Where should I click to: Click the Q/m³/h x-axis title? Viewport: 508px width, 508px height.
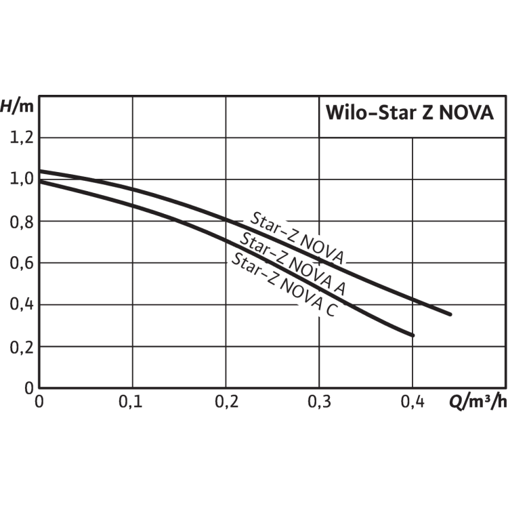point(476,403)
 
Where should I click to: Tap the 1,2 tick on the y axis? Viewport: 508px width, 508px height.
point(20,138)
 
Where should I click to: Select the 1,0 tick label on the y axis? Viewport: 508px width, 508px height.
point(20,179)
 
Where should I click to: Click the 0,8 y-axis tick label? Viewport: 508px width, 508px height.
point(20,221)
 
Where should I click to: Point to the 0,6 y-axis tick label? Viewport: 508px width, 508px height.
point(20,263)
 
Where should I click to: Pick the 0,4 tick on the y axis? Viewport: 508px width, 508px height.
point(20,305)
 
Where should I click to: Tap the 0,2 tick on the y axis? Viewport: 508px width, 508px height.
point(20,347)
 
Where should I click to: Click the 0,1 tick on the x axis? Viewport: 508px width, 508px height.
point(132,403)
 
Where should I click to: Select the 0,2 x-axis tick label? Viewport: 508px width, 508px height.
point(226,403)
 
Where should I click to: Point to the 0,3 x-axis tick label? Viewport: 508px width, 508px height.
point(319,403)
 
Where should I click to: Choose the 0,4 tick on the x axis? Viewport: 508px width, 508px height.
point(412,403)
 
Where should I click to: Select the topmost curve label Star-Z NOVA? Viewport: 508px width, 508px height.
point(297,238)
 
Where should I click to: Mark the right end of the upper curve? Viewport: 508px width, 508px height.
point(450,314)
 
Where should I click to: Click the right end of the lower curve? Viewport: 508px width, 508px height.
point(412,335)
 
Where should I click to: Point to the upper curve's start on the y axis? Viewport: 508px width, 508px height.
point(39,171)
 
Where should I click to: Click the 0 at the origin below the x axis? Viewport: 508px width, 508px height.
point(39,403)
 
